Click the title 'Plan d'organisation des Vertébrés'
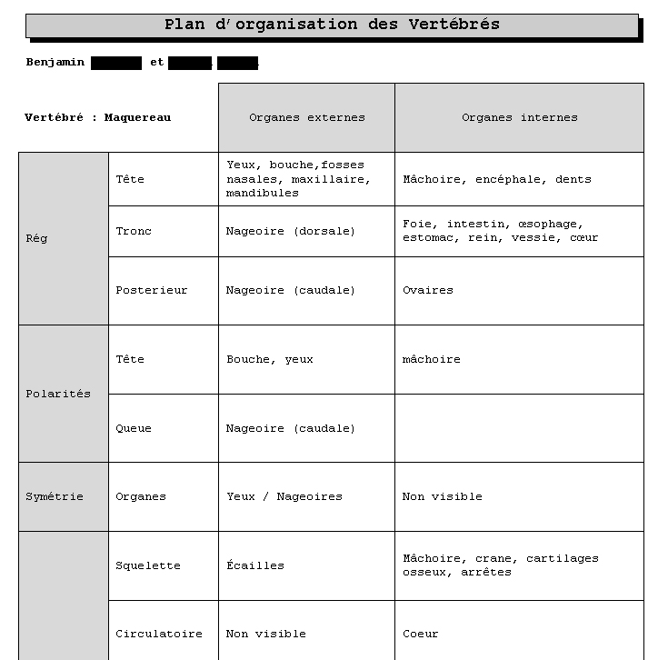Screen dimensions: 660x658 332,25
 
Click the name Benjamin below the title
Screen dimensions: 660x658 55,63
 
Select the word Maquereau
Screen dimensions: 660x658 137,117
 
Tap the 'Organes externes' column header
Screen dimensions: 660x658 306,117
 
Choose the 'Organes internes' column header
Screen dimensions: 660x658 519,117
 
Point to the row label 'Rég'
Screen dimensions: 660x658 37,239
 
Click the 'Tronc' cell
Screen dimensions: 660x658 134,231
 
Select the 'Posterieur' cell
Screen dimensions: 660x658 151,291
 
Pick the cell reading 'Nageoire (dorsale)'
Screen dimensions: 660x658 291,231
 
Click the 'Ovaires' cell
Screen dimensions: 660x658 427,291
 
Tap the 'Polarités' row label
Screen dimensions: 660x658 58,394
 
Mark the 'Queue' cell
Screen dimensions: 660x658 134,428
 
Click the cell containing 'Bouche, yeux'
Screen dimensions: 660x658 269,359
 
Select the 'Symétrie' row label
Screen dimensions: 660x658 55,496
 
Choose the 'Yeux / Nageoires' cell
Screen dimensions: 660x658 284,496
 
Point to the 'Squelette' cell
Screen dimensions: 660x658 147,565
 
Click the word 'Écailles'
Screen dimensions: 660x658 254,565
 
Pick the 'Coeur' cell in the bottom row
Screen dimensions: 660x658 420,634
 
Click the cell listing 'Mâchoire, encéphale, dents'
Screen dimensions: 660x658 496,179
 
